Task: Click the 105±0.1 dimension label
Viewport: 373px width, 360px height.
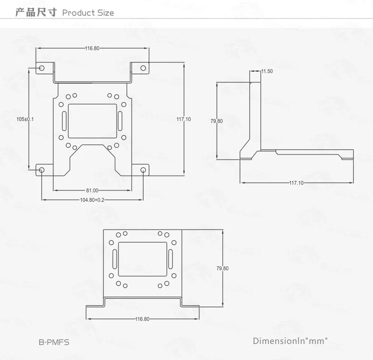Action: [25, 119]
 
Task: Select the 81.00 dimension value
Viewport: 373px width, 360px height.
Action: [92, 190]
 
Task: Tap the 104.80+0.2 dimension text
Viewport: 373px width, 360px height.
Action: [93, 200]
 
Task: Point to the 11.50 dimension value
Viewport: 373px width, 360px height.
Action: [267, 71]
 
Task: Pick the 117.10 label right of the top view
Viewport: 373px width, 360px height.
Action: [184, 119]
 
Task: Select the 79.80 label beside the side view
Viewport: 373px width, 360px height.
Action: [216, 121]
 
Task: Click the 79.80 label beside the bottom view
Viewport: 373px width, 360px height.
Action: [222, 268]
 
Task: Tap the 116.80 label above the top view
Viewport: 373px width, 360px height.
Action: [93, 48]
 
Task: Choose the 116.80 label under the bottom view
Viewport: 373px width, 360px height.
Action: [142, 319]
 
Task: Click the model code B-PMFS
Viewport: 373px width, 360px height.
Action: [54, 342]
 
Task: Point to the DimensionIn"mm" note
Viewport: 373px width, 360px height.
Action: [290, 341]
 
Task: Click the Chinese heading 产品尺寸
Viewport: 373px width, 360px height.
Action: [35, 12]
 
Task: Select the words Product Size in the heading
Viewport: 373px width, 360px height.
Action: [88, 13]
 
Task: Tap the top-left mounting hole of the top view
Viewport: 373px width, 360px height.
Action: [42, 68]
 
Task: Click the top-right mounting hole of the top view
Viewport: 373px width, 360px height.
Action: [144, 68]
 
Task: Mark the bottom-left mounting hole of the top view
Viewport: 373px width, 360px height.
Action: [42, 169]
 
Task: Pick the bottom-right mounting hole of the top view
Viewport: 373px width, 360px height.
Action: [144, 169]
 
